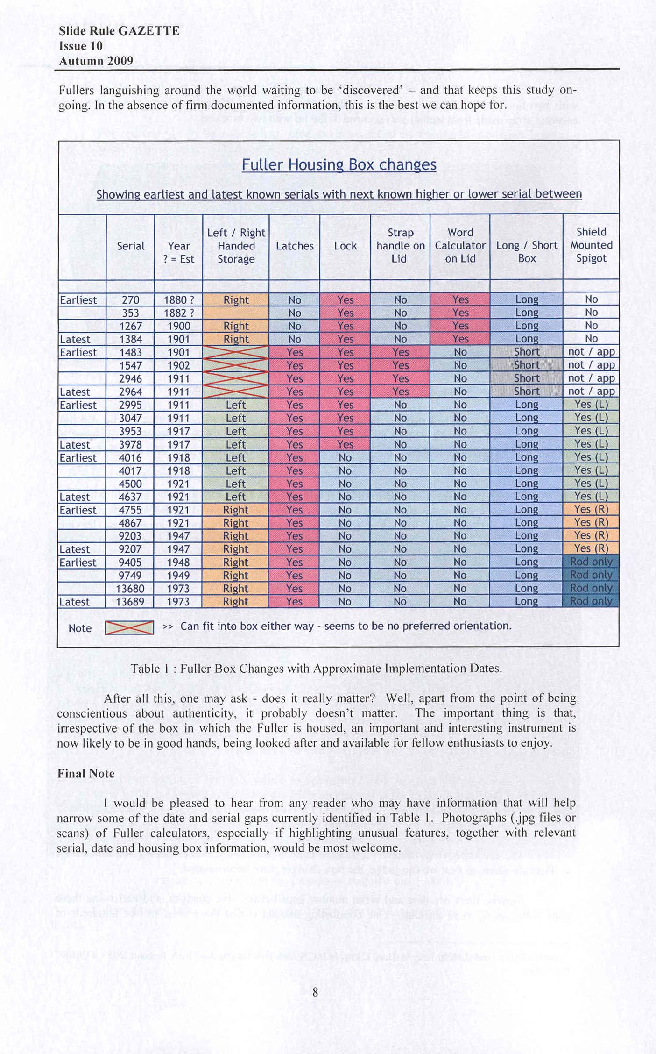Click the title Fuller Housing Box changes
(339, 164)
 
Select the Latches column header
(295, 246)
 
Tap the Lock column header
(345, 246)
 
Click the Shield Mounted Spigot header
(591, 245)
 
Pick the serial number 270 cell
(130, 300)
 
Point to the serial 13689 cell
(130, 602)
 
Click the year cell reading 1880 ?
(179, 300)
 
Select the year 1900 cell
(179, 326)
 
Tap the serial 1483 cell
(130, 353)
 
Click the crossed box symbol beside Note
(129, 627)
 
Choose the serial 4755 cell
(130, 510)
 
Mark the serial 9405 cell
(130, 563)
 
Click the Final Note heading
(86, 774)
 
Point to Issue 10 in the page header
(80, 46)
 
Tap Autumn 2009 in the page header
(96, 61)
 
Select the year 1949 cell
(178, 576)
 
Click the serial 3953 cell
(130, 431)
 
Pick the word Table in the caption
(145, 669)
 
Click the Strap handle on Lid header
(400, 246)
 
